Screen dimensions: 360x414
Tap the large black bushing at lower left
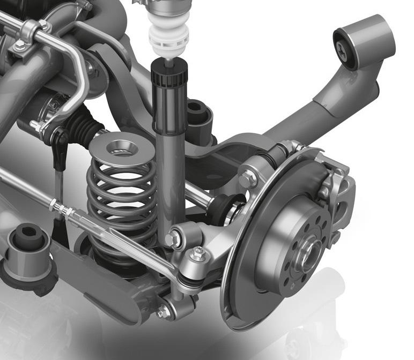27,242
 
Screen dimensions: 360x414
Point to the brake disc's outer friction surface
241,279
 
